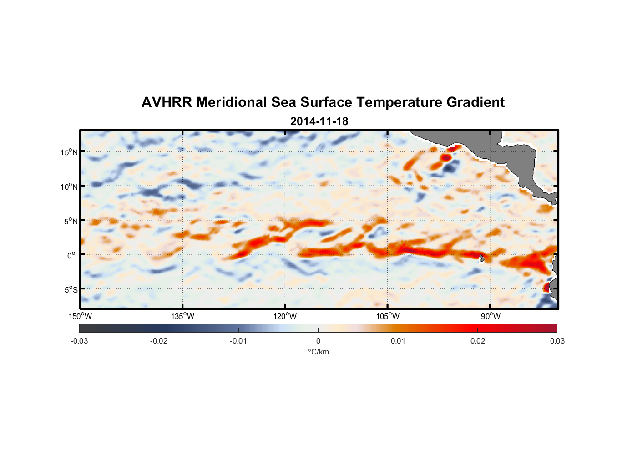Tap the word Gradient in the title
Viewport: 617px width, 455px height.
[475, 102]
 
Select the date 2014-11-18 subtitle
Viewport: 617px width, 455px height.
[319, 121]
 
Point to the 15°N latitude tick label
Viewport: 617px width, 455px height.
[69, 152]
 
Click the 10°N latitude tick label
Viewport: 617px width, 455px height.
[69, 187]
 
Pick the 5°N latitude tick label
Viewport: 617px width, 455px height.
[71, 221]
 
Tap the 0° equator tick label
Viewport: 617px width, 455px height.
[71, 255]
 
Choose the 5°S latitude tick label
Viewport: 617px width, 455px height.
[71, 290]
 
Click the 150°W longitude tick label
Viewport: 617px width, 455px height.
[80, 316]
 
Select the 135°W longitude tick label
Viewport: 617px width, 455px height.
[183, 316]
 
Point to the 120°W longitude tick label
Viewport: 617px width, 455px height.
[285, 316]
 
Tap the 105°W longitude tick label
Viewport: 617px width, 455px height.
[388, 316]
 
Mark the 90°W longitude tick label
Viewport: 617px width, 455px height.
[491, 316]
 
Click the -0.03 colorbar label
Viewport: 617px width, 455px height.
[79, 341]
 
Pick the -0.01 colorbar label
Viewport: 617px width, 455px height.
[238, 341]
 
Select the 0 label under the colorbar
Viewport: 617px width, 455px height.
[318, 341]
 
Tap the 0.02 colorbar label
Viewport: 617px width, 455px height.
[478, 341]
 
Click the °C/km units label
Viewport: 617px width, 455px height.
[319, 352]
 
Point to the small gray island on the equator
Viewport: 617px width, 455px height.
[482, 258]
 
